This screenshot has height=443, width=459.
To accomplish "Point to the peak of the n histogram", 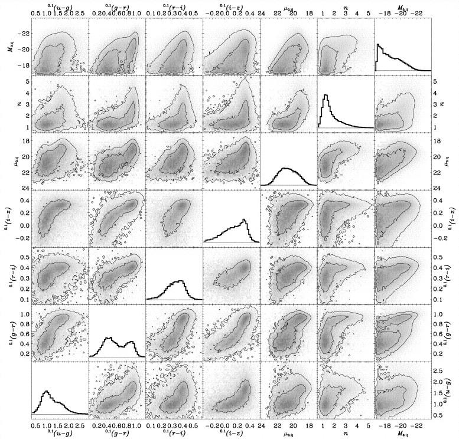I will pyautogui.click(x=325, y=95).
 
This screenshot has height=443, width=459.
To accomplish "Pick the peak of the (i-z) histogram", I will pyautogui.click(x=244, y=220).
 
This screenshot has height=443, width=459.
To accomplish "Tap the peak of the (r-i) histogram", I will pyautogui.click(x=181, y=280).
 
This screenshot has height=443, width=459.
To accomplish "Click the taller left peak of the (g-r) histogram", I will pyautogui.click(x=109, y=337).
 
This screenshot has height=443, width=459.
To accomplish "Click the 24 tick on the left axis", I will pyautogui.click(x=22, y=188).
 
